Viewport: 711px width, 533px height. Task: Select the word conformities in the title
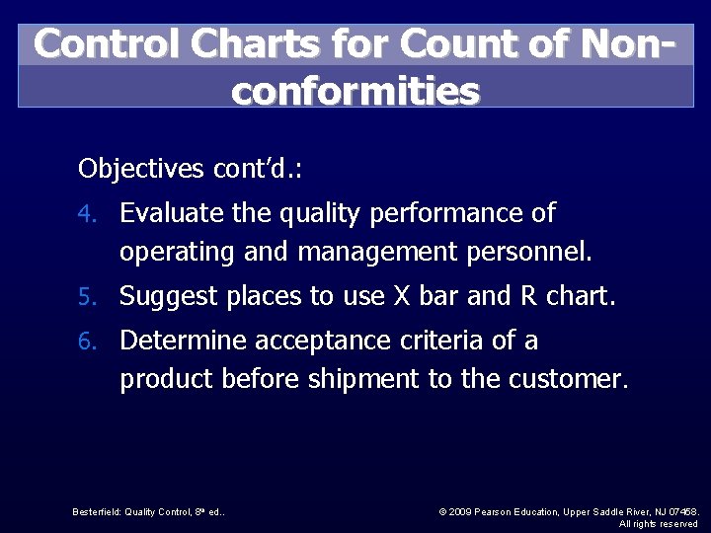pos(355,91)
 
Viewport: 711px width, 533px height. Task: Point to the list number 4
pos(86,213)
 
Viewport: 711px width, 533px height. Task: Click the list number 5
pos(86,296)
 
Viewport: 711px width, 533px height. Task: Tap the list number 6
pos(86,342)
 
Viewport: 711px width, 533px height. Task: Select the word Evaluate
pos(172,213)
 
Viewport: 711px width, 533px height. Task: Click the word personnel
pos(524,253)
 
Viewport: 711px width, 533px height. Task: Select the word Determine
pos(183,342)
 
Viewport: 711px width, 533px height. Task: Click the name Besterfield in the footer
pos(97,511)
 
